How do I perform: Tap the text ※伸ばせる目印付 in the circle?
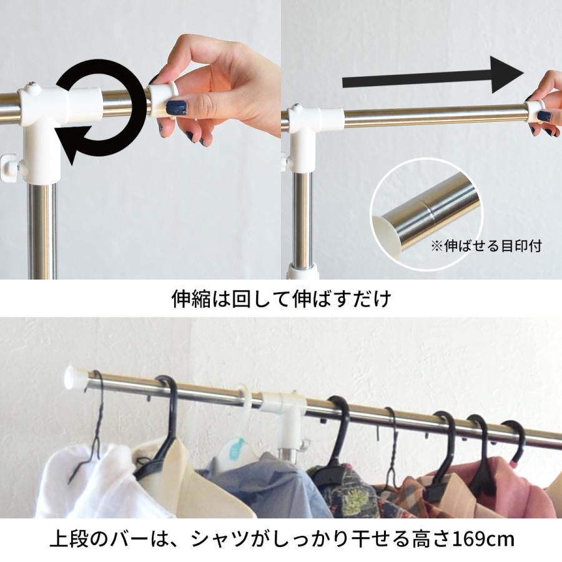486,245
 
